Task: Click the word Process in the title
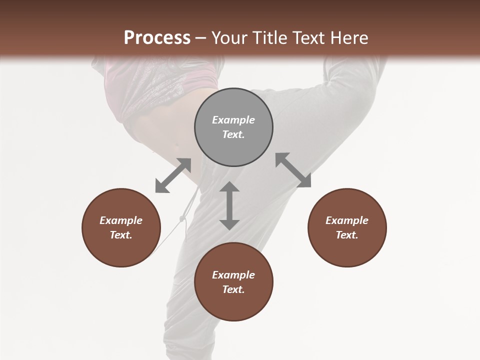coord(157,38)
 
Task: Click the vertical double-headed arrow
coord(229,205)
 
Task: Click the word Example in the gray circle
coord(233,120)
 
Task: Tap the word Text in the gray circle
coord(233,135)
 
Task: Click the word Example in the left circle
coord(121,220)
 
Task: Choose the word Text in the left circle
coord(121,235)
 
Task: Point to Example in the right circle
coord(347,220)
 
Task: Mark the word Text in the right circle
coord(347,235)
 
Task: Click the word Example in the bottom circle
coord(233,275)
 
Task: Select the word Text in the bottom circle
coord(233,289)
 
